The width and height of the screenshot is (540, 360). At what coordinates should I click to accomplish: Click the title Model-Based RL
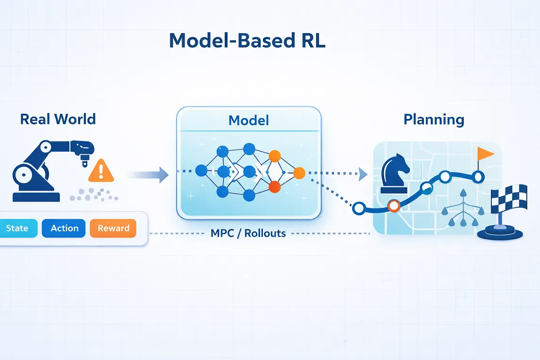(247, 40)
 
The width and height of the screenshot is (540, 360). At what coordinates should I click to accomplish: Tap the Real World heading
(58, 119)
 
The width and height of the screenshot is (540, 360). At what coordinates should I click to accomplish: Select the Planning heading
(434, 120)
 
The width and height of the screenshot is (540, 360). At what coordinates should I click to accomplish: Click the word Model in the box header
(249, 120)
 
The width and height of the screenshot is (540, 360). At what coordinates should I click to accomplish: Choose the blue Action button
(64, 228)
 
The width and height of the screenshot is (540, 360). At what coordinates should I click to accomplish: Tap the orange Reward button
(113, 228)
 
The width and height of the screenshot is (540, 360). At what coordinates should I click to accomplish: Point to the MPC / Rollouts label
(248, 234)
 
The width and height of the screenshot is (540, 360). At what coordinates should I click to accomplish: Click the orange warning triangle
(101, 171)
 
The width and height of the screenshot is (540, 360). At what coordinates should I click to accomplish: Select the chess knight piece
(395, 174)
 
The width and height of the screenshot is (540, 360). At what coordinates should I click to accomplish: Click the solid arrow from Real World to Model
(148, 175)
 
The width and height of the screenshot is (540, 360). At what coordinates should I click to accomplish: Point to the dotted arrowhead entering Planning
(363, 174)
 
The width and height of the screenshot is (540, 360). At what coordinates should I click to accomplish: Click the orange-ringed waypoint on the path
(394, 206)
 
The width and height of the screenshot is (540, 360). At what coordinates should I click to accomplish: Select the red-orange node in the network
(274, 187)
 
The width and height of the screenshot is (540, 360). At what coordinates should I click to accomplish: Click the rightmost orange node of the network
(299, 173)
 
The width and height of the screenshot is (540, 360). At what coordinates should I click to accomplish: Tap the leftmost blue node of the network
(201, 170)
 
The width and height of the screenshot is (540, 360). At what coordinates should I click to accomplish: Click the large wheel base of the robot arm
(24, 175)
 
